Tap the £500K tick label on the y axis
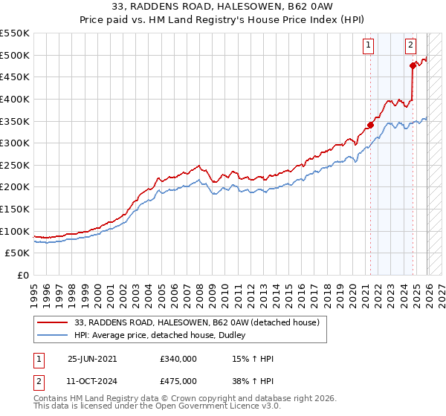coord(15,55)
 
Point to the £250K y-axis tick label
coord(15,165)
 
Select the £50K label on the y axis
coord(18,253)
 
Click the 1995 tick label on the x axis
coord(33,290)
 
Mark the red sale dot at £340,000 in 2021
coord(370,125)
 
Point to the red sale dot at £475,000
coord(413,65)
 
